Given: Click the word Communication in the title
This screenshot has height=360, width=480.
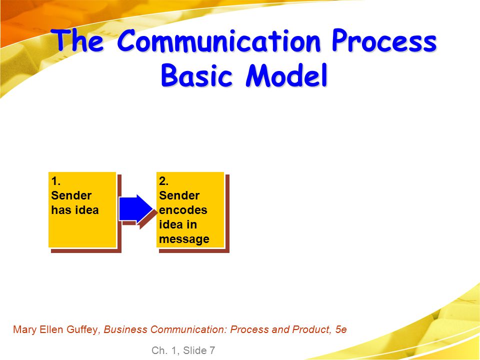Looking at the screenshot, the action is pyautogui.click(x=219, y=40).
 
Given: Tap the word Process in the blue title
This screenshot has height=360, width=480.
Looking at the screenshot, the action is pyautogui.click(x=384, y=40).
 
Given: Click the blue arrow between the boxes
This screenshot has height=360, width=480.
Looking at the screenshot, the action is pyautogui.click(x=136, y=208).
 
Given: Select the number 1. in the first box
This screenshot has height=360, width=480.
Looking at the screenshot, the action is pyautogui.click(x=56, y=181).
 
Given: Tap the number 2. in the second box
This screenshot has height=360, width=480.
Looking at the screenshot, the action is pyautogui.click(x=164, y=181).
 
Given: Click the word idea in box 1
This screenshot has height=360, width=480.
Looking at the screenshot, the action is pyautogui.click(x=87, y=210).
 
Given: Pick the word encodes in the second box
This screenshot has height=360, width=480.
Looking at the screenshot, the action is pyautogui.click(x=183, y=210).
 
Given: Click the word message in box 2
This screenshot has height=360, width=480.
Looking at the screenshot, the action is pyautogui.click(x=184, y=239).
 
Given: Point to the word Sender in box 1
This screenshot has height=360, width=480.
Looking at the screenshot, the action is pyautogui.click(x=71, y=195).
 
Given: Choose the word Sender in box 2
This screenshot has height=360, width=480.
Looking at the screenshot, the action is pyautogui.click(x=179, y=195).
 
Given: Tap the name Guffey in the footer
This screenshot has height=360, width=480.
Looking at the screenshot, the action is pyautogui.click(x=82, y=329).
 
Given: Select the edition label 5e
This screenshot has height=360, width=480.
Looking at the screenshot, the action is pyautogui.click(x=341, y=329).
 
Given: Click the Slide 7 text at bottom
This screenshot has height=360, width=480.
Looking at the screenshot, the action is pyautogui.click(x=199, y=350).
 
